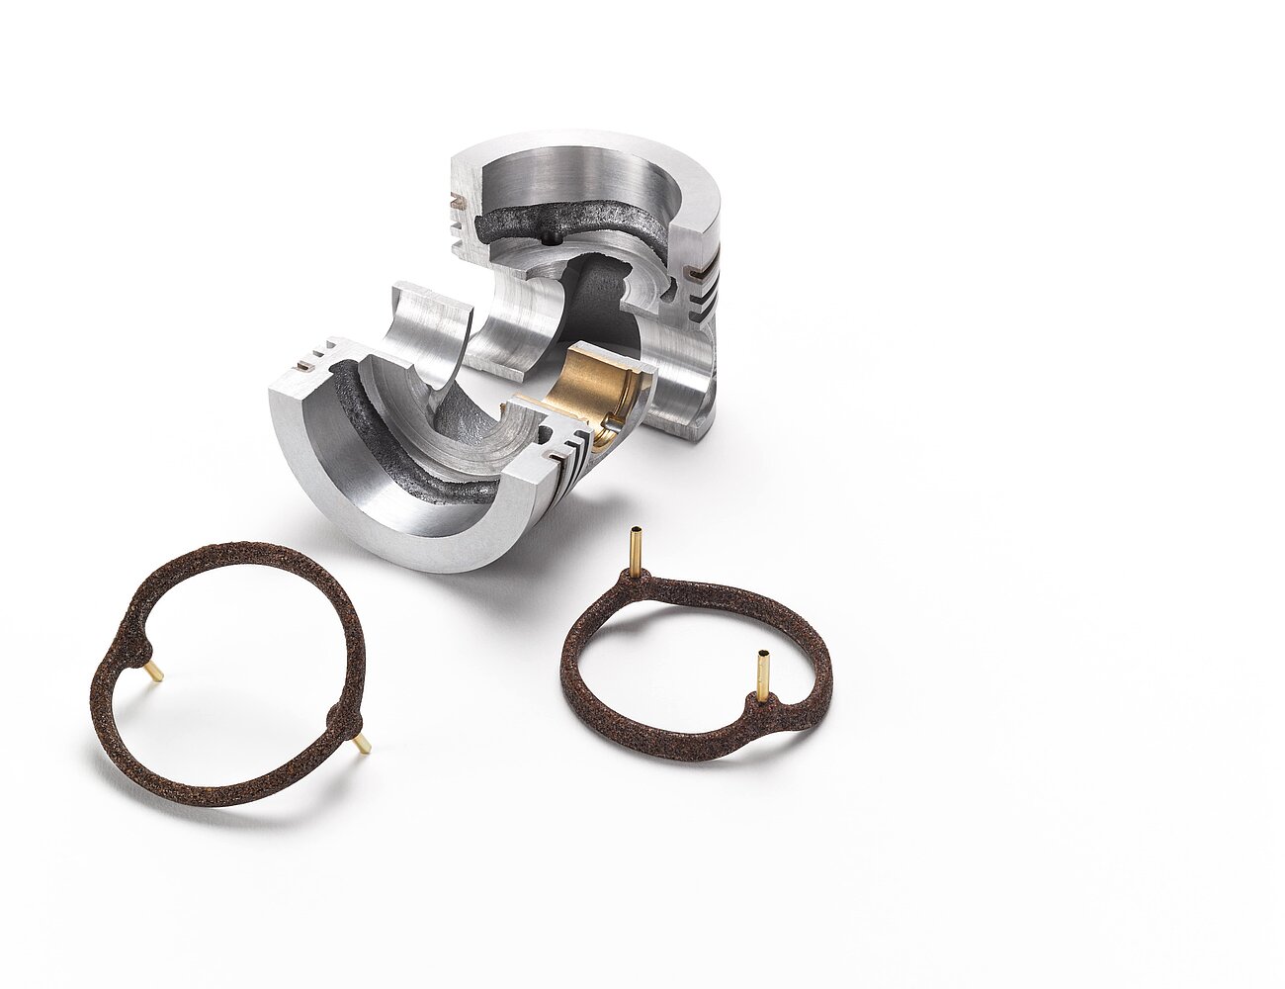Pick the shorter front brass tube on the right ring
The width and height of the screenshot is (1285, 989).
click(x=764, y=674)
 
